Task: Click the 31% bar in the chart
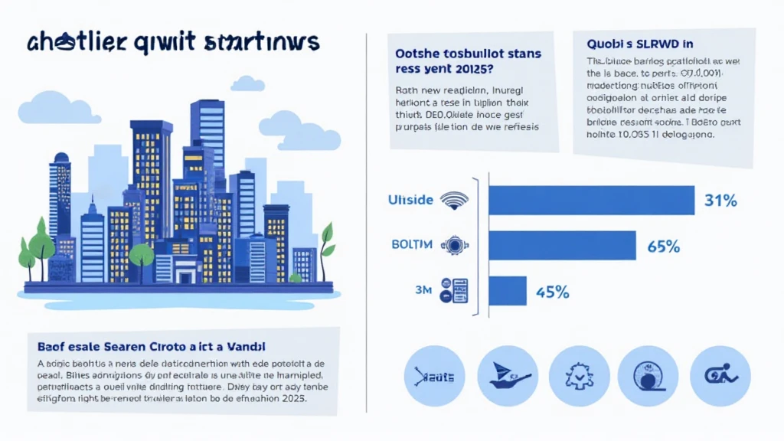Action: tap(591, 201)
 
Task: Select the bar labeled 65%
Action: tap(562, 246)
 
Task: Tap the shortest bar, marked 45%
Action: tap(507, 291)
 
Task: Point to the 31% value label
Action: tap(720, 201)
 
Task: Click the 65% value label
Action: tap(663, 247)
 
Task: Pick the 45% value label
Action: tap(551, 292)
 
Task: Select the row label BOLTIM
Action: tap(411, 245)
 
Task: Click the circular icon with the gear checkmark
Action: tap(579, 375)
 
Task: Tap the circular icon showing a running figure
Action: tap(720, 375)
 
